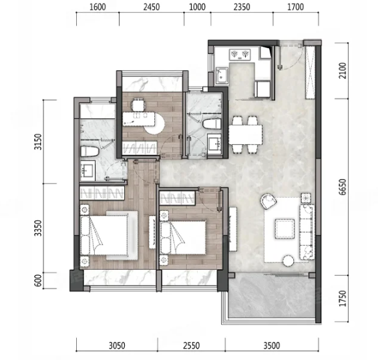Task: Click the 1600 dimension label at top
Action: (x=98, y=7)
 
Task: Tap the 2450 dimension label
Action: (x=152, y=7)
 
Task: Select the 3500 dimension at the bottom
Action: (x=272, y=345)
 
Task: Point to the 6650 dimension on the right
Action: (x=343, y=187)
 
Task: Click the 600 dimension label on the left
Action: (x=38, y=281)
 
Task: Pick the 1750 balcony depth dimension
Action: (x=343, y=299)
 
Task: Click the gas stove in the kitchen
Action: (x=240, y=55)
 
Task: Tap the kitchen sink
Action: (x=222, y=75)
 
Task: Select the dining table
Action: (x=245, y=134)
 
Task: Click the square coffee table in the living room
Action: (x=285, y=228)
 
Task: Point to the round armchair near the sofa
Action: (x=268, y=201)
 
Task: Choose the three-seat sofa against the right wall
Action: (x=307, y=232)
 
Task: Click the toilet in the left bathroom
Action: (x=89, y=152)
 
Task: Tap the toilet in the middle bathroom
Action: (x=212, y=124)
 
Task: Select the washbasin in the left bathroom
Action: (x=87, y=170)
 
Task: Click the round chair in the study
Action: (x=154, y=124)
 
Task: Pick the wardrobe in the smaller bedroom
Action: (x=177, y=198)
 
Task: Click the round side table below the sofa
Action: (x=289, y=260)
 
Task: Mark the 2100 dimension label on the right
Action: (x=343, y=71)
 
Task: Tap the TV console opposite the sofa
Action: (x=233, y=229)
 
